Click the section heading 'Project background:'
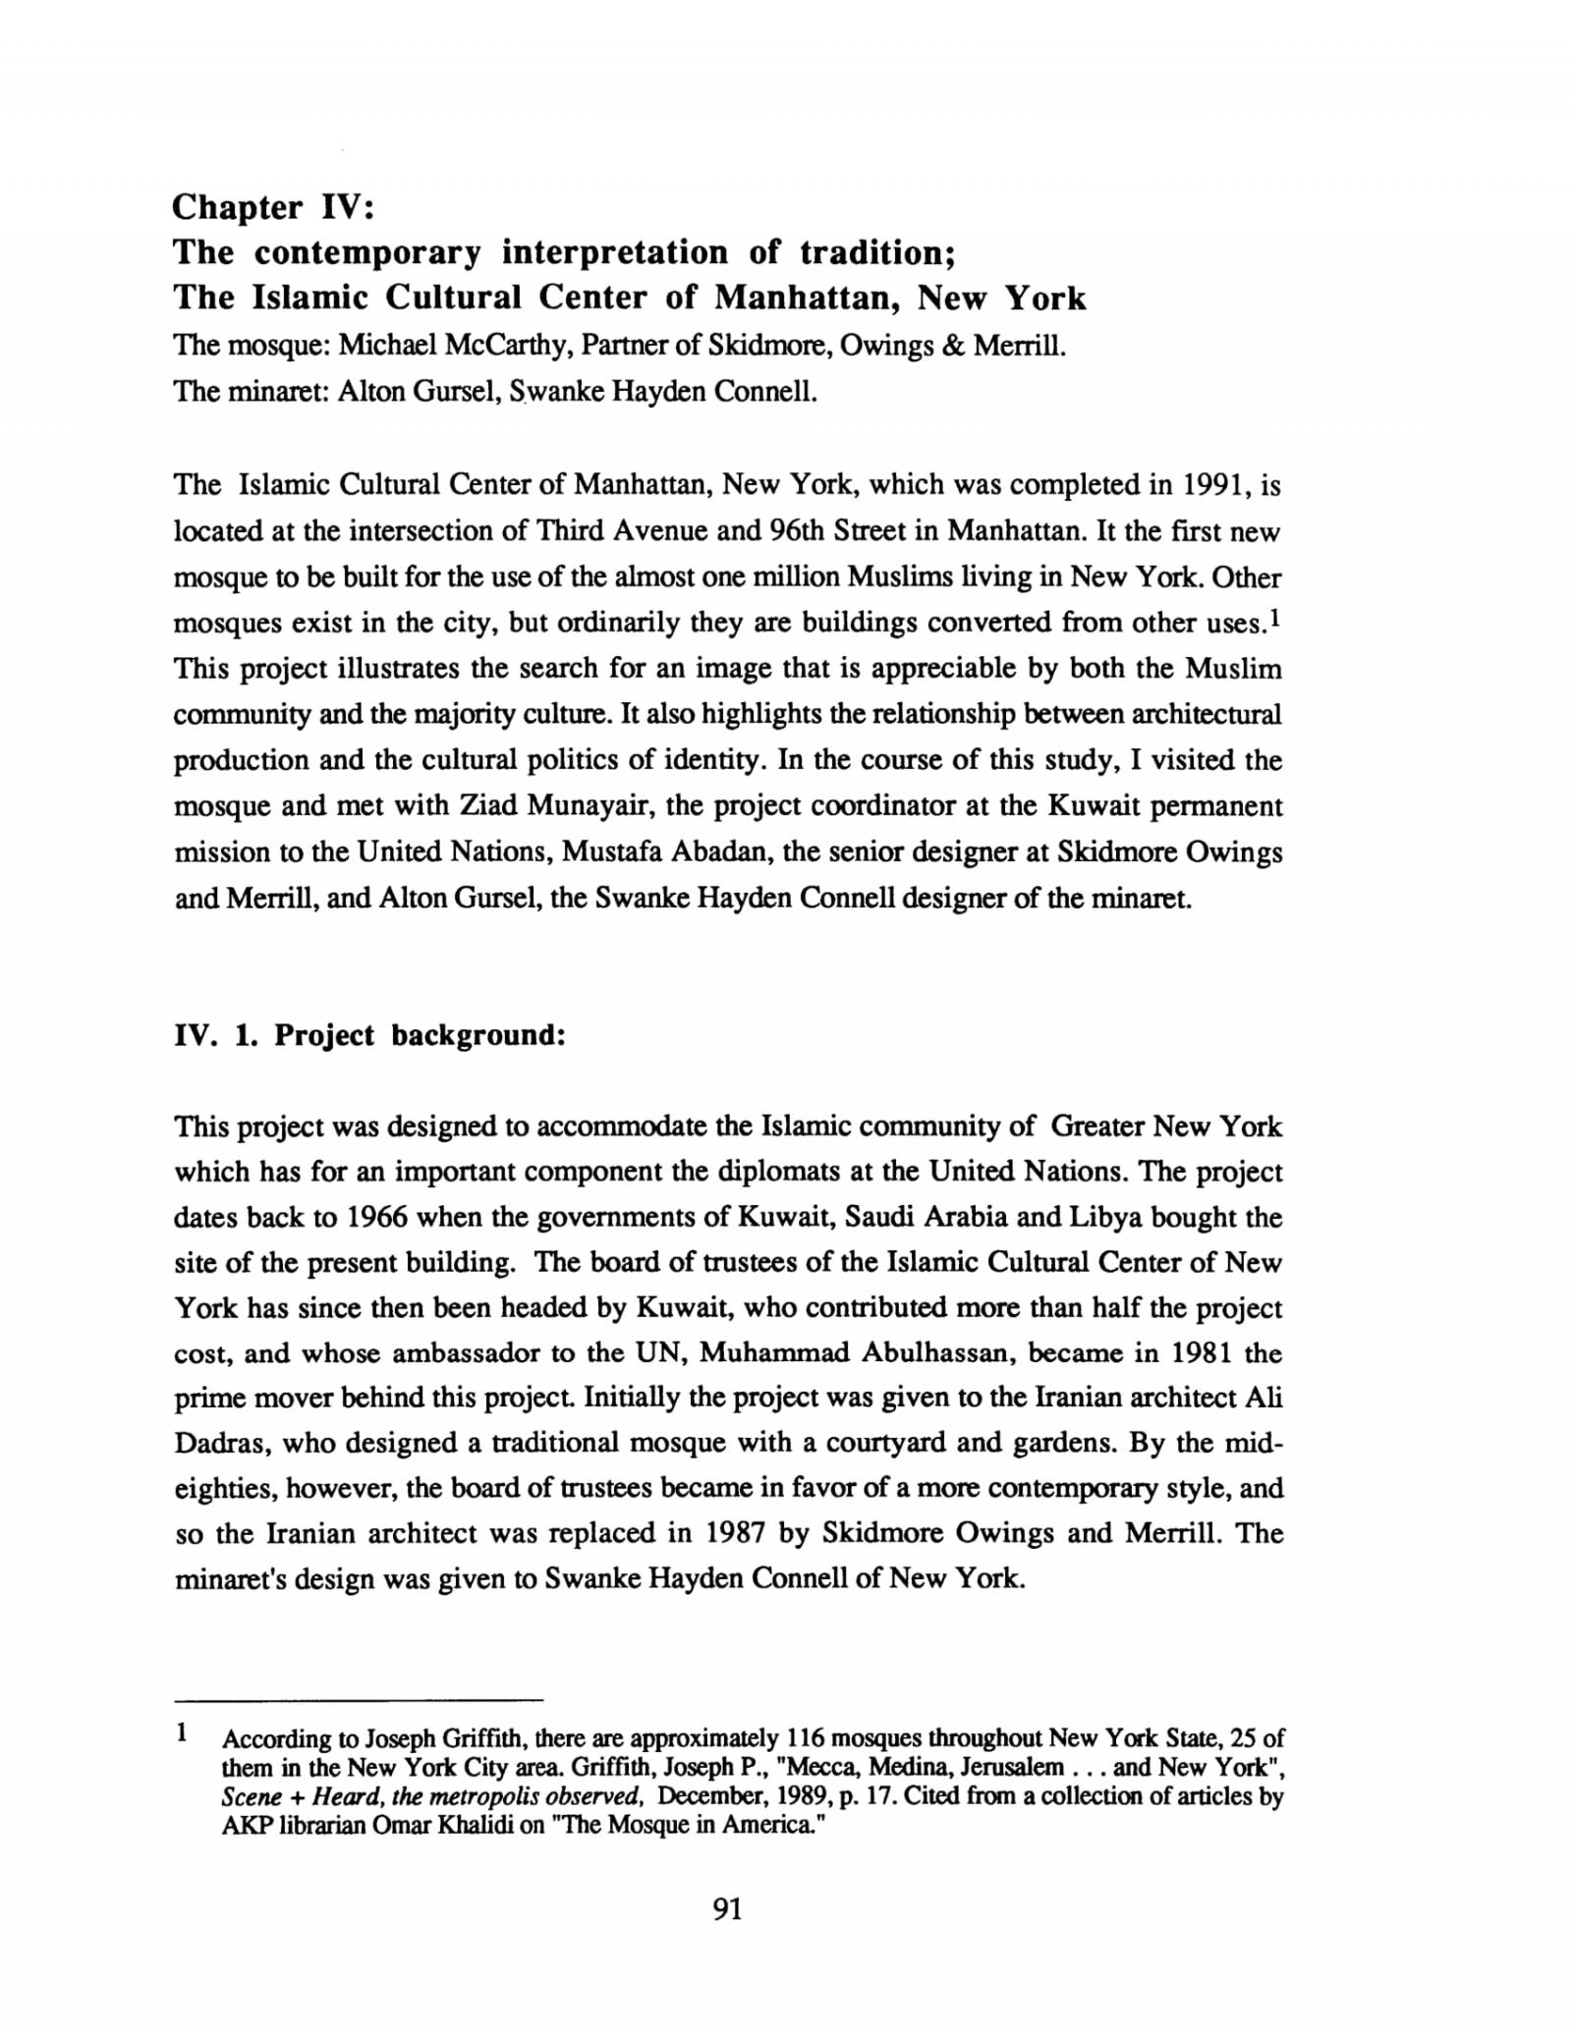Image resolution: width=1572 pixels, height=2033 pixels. click(420, 1035)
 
